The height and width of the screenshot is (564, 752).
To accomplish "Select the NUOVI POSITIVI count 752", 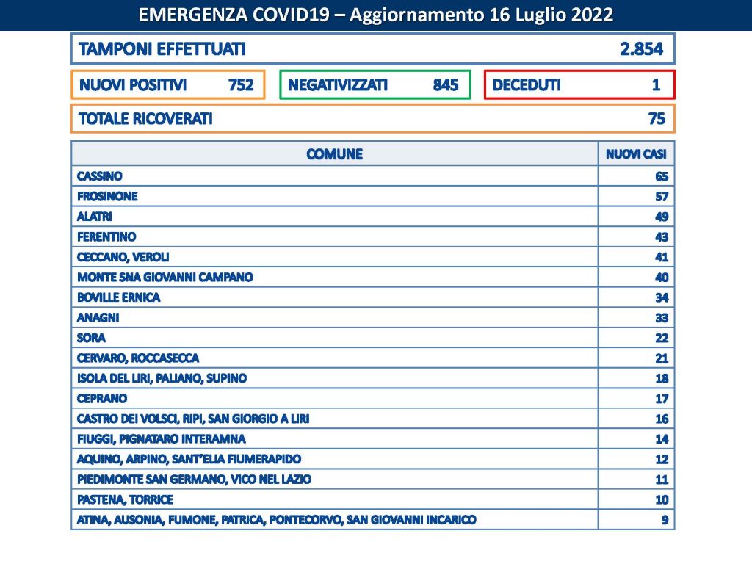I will point(241,85).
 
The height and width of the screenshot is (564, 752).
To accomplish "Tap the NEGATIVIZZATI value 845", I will point(446,85).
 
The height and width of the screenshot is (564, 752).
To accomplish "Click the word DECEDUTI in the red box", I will point(527,85).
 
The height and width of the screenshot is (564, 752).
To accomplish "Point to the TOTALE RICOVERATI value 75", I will point(657,119).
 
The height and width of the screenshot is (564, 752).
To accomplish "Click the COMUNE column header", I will point(334,154).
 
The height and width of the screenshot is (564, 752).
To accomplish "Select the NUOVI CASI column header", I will point(636,154).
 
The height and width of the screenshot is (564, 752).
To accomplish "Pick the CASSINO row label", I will point(100,176).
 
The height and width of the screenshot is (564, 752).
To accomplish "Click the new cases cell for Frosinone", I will point(661,197).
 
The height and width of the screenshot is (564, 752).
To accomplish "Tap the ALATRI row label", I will point(95,217).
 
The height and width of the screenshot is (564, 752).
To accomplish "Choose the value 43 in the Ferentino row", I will point(661,237).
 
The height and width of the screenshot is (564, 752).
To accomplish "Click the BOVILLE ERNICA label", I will point(118,297).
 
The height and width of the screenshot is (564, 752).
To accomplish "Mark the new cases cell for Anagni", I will point(661,318).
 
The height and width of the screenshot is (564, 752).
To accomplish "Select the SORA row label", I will point(91,338).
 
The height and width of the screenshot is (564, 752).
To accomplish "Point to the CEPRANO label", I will point(102,398).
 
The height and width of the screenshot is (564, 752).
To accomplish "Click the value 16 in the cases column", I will point(661,419).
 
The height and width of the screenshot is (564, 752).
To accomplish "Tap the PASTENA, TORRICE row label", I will point(125,499).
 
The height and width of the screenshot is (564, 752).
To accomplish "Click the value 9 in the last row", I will point(664,520).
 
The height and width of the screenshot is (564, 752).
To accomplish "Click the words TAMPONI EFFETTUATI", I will point(162,49).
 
